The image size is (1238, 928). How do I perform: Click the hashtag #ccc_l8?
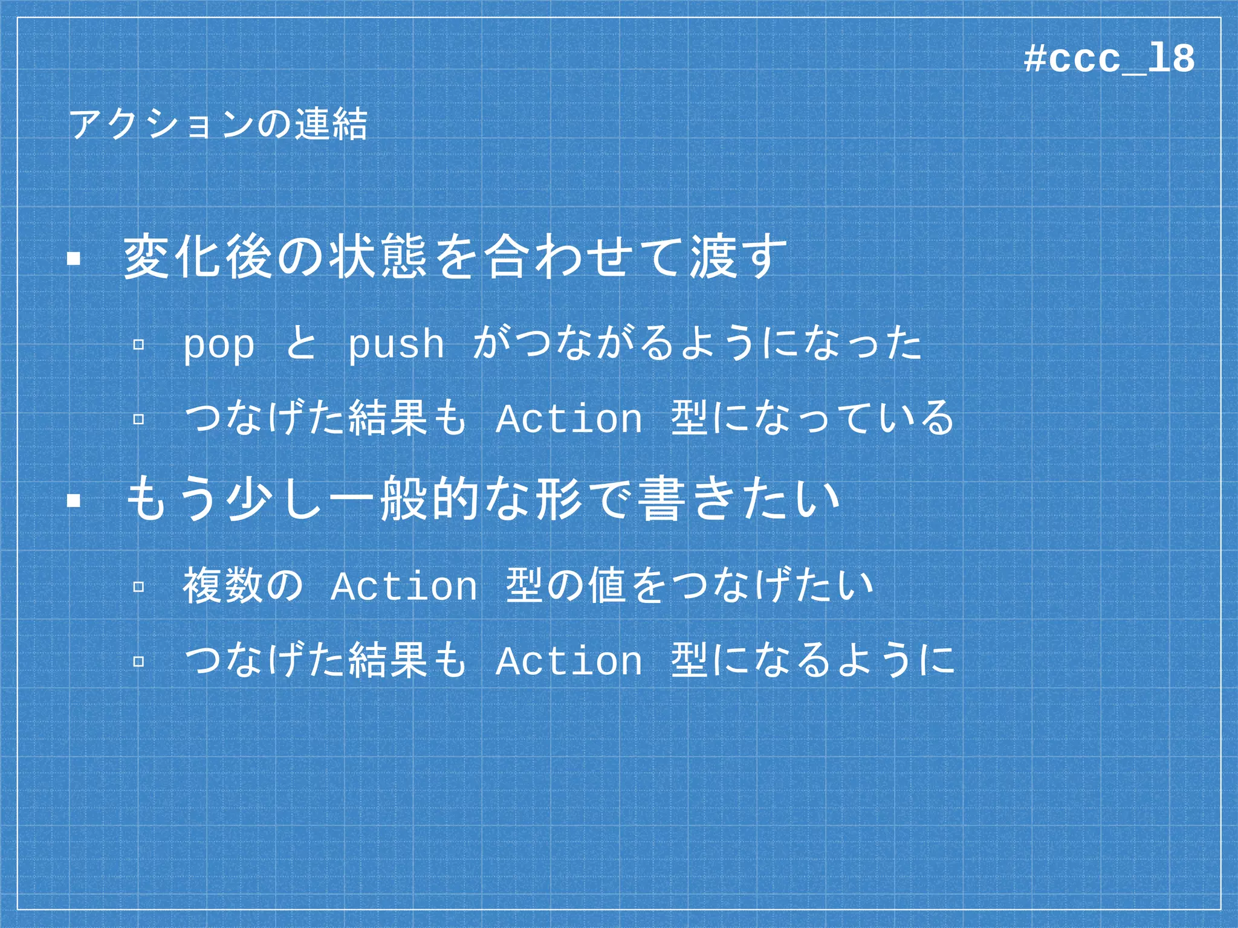[x=1109, y=59]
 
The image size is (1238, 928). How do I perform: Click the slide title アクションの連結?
[x=218, y=124]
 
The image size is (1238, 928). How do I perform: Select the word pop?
[x=219, y=346]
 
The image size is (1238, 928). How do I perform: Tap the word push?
[x=396, y=346]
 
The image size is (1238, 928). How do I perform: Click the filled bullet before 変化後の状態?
[x=74, y=259]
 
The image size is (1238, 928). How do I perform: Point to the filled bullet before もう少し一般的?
[x=74, y=501]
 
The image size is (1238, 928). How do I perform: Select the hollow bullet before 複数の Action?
[x=138, y=586]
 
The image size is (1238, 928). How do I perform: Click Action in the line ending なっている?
[x=568, y=419]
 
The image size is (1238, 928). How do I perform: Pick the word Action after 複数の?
[x=404, y=586]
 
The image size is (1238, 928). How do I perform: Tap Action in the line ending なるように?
[x=568, y=660]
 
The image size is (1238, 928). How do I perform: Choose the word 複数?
[x=222, y=585]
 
